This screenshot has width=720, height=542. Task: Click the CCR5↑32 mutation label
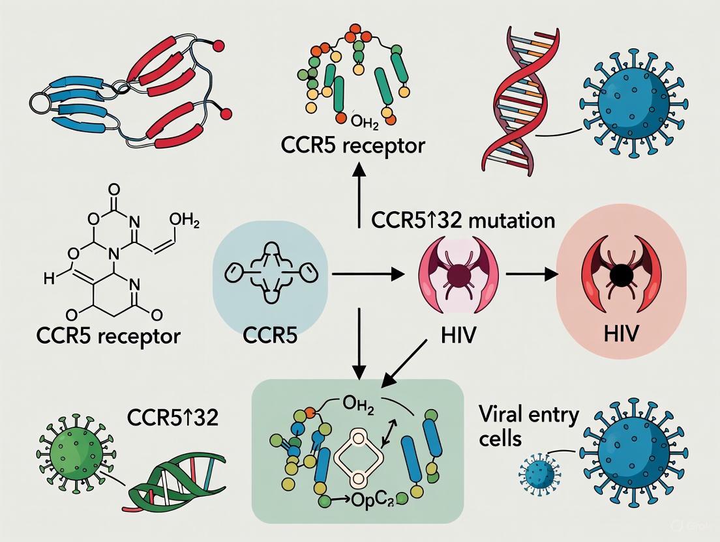click(x=463, y=220)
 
